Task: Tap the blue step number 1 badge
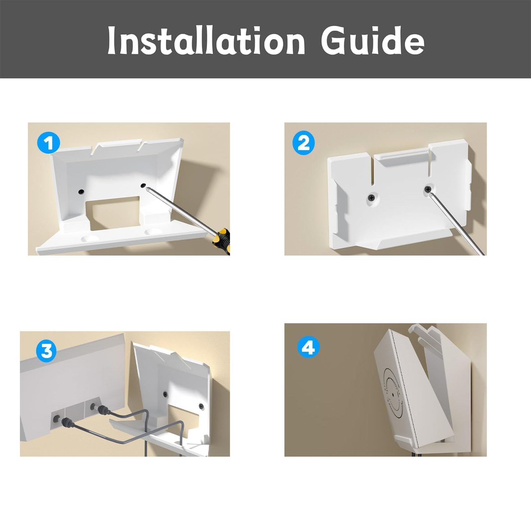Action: click(49, 143)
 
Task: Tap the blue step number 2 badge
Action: click(303, 143)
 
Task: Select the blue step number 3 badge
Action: click(46, 350)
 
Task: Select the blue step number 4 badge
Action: click(309, 347)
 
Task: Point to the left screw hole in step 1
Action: click(81, 191)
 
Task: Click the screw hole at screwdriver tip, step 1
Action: click(143, 186)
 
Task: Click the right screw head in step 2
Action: click(428, 189)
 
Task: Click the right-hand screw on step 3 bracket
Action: click(201, 406)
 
